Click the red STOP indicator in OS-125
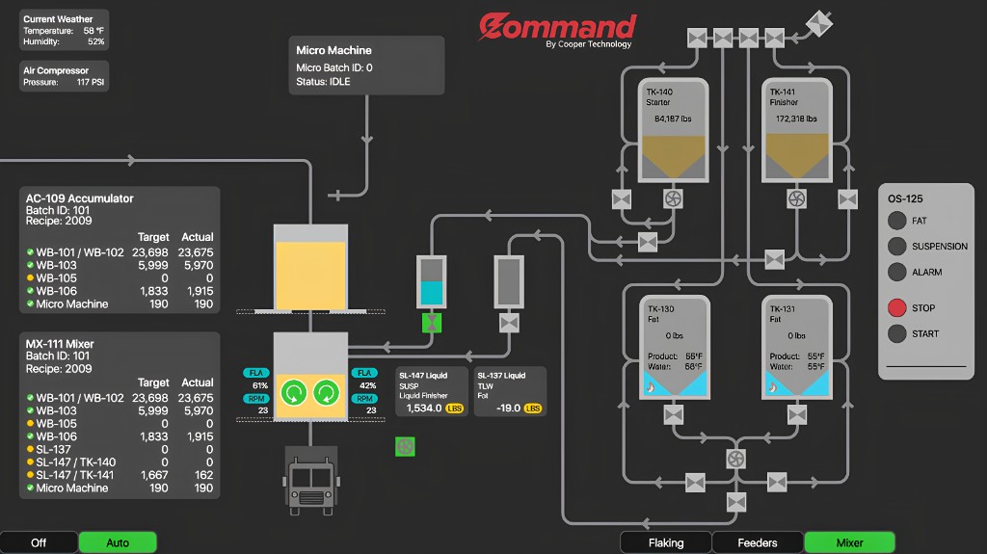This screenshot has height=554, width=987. pyautogui.click(x=896, y=308)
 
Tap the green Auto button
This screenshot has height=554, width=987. pyautogui.click(x=117, y=542)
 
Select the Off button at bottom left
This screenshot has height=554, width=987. pyautogui.click(x=39, y=542)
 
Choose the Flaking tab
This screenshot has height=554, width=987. pyautogui.click(x=665, y=542)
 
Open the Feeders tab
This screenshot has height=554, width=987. pyautogui.click(x=757, y=542)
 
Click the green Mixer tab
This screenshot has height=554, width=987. pyautogui.click(x=849, y=542)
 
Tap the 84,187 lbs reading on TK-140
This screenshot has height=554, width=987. pyautogui.click(x=673, y=119)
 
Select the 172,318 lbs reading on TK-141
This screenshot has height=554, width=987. pyautogui.click(x=796, y=119)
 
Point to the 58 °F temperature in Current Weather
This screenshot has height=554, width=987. pyautogui.click(x=93, y=31)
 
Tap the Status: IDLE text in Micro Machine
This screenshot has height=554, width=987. pyautogui.click(x=323, y=82)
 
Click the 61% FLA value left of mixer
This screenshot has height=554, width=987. pyautogui.click(x=259, y=385)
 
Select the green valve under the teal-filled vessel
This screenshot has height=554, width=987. pyautogui.click(x=432, y=322)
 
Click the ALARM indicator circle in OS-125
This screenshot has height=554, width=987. pyautogui.click(x=896, y=273)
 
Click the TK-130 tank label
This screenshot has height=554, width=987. pyautogui.click(x=660, y=309)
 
